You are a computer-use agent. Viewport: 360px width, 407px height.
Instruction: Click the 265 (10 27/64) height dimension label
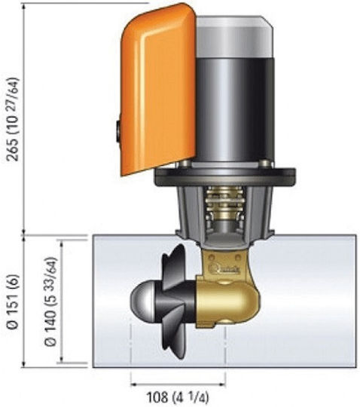pyautogui.click(x=13, y=119)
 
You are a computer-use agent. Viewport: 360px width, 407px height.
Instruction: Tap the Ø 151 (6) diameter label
pyautogui.click(x=13, y=301)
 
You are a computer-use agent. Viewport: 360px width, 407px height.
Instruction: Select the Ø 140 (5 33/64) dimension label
pyautogui.click(x=50, y=301)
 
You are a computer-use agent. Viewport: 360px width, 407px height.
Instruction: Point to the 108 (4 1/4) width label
pyautogui.click(x=178, y=396)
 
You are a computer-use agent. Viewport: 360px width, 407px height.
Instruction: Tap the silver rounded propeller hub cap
pyautogui.click(x=143, y=302)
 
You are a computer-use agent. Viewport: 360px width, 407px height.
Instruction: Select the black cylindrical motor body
pyautogui.click(x=235, y=110)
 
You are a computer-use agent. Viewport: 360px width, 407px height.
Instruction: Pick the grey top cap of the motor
pyautogui.click(x=235, y=36)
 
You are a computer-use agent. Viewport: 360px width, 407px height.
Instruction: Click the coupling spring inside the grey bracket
pyautogui.click(x=224, y=204)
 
